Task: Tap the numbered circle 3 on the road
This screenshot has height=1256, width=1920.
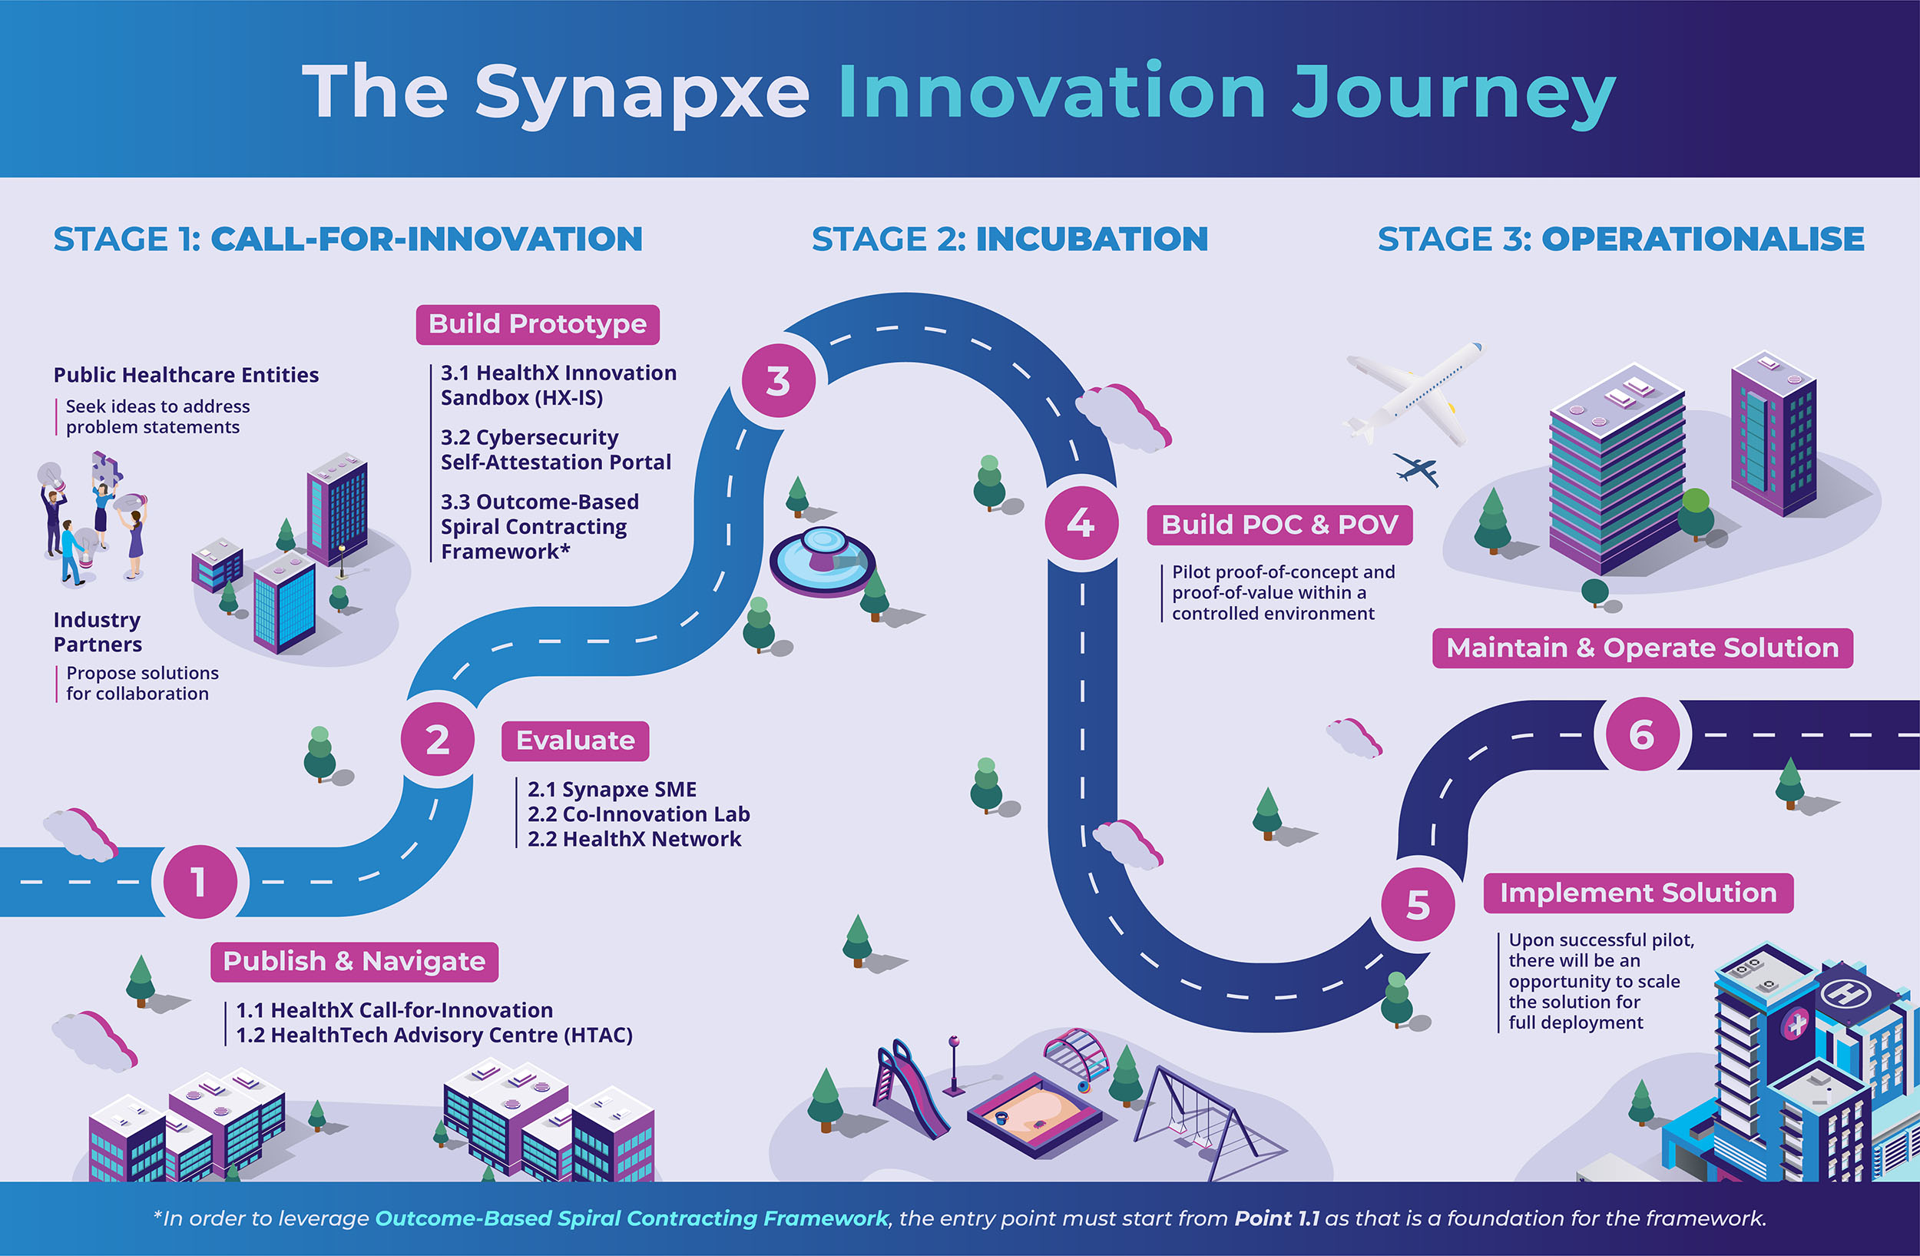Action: click(x=778, y=381)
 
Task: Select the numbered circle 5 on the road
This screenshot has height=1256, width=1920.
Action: click(x=1418, y=904)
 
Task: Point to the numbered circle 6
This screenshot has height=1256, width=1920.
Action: click(x=1642, y=734)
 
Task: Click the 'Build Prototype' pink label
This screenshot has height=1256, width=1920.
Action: click(x=538, y=324)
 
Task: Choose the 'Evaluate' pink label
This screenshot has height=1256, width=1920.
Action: click(x=575, y=741)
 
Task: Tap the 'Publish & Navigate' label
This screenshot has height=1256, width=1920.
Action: click(x=354, y=962)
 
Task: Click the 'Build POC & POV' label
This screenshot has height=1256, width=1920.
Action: click(x=1279, y=525)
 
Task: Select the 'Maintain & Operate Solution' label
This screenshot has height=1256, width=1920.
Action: click(x=1643, y=648)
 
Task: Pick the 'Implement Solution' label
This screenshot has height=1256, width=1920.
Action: click(x=1638, y=893)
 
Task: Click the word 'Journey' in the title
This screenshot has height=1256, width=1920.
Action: click(x=1453, y=95)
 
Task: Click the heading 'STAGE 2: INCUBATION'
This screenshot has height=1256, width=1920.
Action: click(x=1010, y=239)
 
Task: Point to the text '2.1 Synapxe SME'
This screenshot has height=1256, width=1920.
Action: click(x=612, y=789)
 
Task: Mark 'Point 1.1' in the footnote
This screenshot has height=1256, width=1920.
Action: click(x=1277, y=1218)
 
